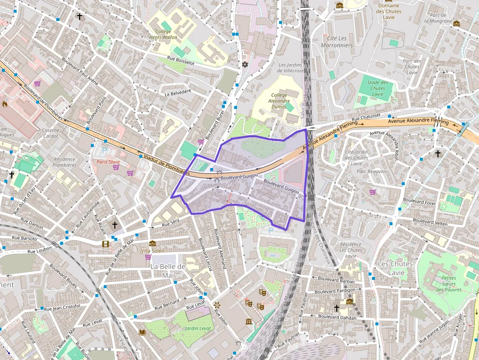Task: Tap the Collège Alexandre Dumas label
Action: pyautogui.click(x=279, y=101)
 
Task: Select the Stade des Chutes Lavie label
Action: pyautogui.click(x=377, y=88)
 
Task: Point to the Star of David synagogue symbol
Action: pyautogui.click(x=245, y=64)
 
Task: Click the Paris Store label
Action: pyautogui.click(x=108, y=162)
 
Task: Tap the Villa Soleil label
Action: pyautogui.click(x=152, y=251)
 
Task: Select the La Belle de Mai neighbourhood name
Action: pyautogui.click(x=168, y=270)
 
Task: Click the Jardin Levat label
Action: pyautogui.click(x=198, y=328)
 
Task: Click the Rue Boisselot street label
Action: pyautogui.click(x=180, y=62)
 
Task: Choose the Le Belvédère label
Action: pyautogui.click(x=177, y=92)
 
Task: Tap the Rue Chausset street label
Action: pyautogui.click(x=366, y=118)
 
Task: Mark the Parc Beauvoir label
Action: pyautogui.click(x=371, y=171)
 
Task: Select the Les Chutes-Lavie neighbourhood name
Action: pyautogui.click(x=396, y=268)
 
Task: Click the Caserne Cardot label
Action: pyautogui.click(x=50, y=133)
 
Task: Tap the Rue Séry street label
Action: pyautogui.click(x=171, y=223)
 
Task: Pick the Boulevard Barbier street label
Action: pyautogui.click(x=336, y=280)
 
